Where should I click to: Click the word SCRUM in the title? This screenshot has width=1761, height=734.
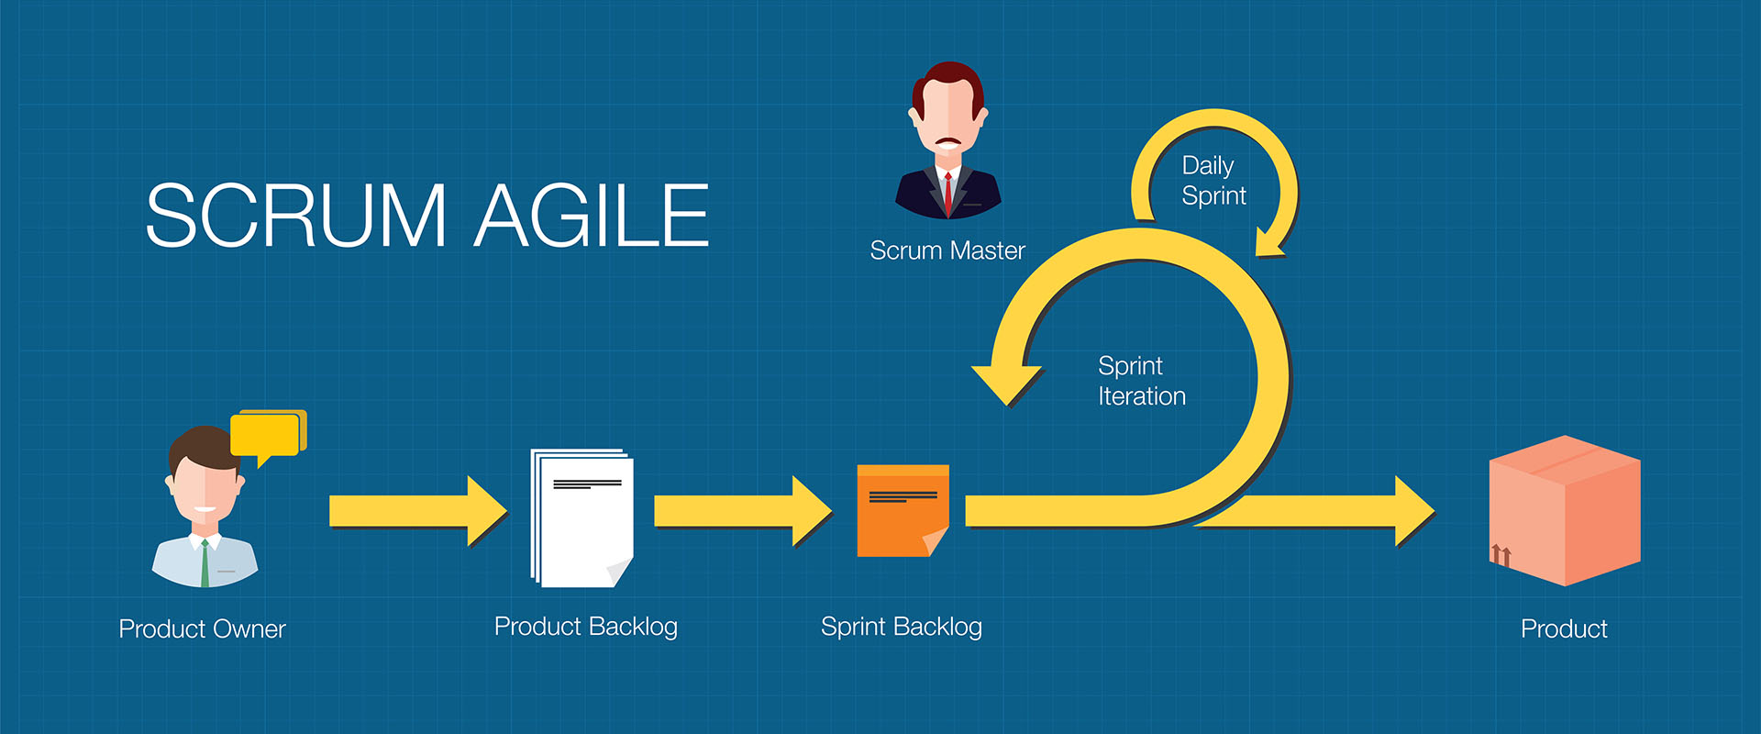296,216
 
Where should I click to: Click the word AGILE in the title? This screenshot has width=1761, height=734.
592,216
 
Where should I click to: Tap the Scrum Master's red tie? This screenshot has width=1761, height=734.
947,193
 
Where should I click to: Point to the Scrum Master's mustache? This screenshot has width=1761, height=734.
947,142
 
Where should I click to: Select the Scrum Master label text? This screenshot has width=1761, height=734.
947,250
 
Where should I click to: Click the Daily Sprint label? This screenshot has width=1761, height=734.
1213,181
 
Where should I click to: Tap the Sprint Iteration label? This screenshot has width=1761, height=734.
1142,382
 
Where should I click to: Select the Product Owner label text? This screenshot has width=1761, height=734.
203,629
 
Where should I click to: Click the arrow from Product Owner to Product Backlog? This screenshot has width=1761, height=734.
418,511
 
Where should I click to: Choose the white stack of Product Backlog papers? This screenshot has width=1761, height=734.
582,518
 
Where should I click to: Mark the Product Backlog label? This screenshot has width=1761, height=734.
586,627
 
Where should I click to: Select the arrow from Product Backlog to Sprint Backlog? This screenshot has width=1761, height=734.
743,511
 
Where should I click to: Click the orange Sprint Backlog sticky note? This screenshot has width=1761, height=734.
903,511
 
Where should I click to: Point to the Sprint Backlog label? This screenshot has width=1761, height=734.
902,627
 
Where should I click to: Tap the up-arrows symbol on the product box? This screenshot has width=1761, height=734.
1501,554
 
